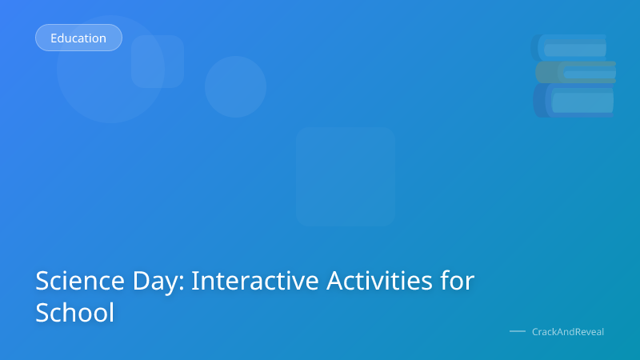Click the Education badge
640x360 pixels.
coord(78,38)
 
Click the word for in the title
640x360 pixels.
coord(457,282)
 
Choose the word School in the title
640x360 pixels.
coord(75,312)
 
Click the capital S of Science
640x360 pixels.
coord(43,282)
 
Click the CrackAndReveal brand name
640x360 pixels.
coord(568,331)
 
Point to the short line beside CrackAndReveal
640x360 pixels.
coord(518,331)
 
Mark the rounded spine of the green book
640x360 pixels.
coord(541,73)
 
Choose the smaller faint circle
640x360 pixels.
coord(235,86)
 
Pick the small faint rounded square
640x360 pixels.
coord(158,62)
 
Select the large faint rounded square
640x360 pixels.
coord(346,176)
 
